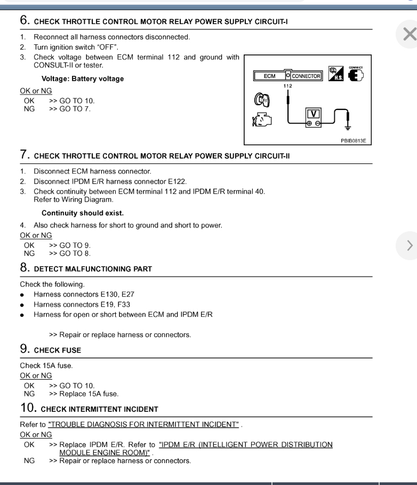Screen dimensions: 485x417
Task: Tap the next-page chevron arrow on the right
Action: pyautogui.click(x=409, y=246)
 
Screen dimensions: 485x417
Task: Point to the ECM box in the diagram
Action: pyautogui.click(x=270, y=76)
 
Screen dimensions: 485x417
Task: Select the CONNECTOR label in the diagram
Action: pyautogui.click(x=306, y=76)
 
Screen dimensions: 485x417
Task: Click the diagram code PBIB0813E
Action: pyautogui.click(x=354, y=140)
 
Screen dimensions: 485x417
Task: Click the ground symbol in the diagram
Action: pyautogui.click(x=348, y=127)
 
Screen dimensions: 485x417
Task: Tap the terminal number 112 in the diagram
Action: pyautogui.click(x=287, y=85)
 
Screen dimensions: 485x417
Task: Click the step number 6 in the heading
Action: pyautogui.click(x=25, y=20)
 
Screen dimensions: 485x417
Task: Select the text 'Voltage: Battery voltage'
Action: pyautogui.click(x=82, y=79)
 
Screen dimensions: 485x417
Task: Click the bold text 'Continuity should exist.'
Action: pyautogui.click(x=82, y=213)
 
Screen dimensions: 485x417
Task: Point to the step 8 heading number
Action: pyautogui.click(x=25, y=268)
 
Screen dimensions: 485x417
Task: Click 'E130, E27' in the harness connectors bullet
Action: pyautogui.click(x=118, y=294)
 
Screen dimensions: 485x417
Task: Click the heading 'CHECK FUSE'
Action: pyautogui.click(x=58, y=350)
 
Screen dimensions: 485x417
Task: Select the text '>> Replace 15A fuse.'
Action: pyautogui.click(x=84, y=394)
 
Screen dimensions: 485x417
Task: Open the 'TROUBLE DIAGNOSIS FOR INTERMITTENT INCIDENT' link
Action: pyautogui.click(x=143, y=425)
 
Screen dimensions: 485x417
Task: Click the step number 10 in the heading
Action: pyautogui.click(x=28, y=409)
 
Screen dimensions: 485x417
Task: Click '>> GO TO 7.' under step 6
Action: pyautogui.click(x=70, y=108)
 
